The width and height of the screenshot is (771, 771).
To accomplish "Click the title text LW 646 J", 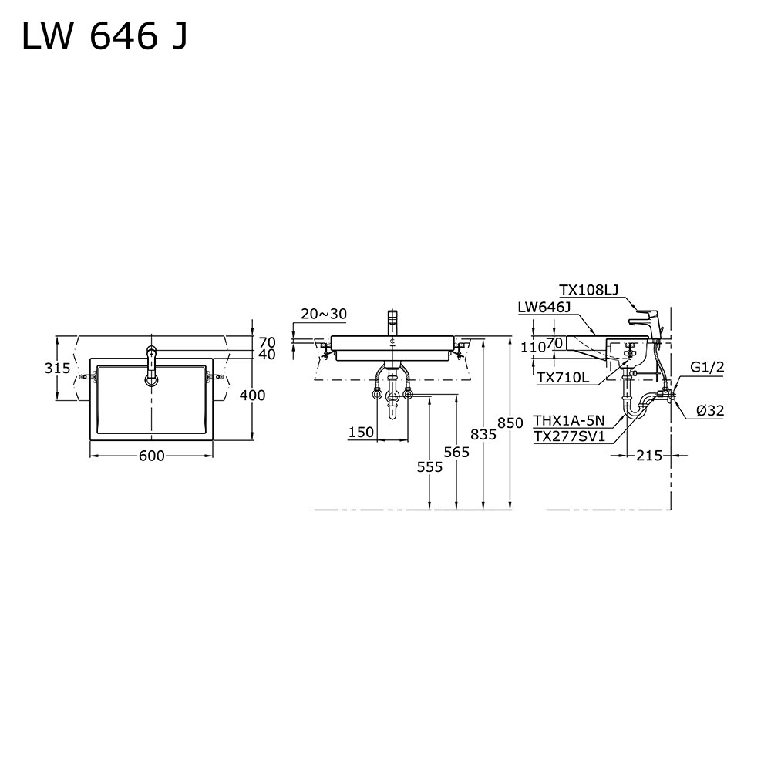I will click(x=103, y=36).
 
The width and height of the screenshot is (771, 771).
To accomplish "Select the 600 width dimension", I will click(x=151, y=456).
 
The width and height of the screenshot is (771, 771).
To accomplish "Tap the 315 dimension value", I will click(x=58, y=369).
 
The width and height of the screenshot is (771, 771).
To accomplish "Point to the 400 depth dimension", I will click(x=252, y=396).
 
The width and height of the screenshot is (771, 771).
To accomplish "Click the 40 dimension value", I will click(x=268, y=355).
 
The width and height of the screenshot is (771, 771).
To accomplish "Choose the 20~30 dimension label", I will click(x=324, y=314).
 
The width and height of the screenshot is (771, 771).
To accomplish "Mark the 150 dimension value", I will click(x=360, y=433).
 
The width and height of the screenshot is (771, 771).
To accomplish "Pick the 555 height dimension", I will click(x=429, y=466).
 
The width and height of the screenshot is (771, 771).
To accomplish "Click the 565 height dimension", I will click(x=456, y=453).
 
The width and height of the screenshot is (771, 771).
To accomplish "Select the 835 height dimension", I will click(x=483, y=435).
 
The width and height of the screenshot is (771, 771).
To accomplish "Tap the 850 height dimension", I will click(x=510, y=423).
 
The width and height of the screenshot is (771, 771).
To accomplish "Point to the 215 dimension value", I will click(x=649, y=456).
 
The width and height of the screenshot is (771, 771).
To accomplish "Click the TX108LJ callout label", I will click(x=589, y=290).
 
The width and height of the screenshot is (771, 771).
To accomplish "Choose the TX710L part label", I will click(x=563, y=377).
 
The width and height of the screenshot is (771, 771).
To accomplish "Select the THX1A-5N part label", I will click(x=569, y=421).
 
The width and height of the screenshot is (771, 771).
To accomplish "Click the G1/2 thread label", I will click(x=707, y=368).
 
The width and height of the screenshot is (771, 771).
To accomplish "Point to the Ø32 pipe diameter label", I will click(x=709, y=411).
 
